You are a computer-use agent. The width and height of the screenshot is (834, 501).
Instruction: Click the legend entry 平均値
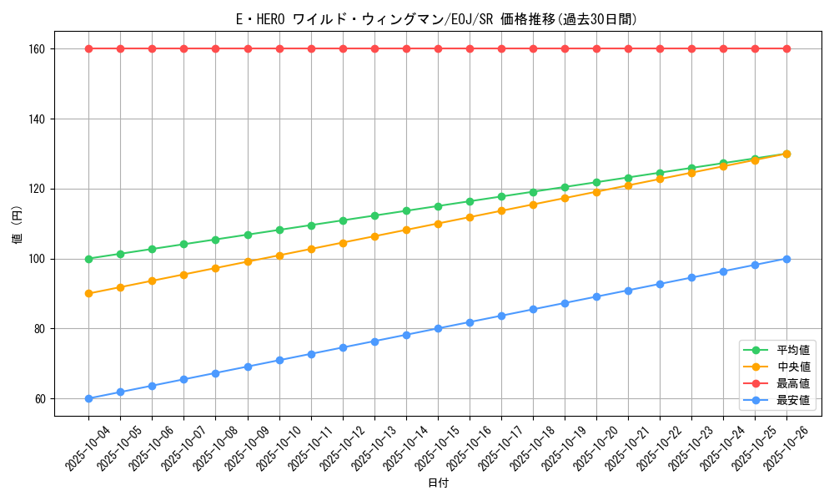793,350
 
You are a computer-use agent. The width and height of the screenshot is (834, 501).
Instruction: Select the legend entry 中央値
793,367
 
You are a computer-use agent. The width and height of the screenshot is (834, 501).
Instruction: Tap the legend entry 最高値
793,383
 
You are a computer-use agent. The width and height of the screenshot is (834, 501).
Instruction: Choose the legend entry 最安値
793,400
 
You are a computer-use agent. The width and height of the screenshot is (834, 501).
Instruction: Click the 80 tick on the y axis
38,329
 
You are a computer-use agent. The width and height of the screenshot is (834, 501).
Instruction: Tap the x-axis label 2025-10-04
88,448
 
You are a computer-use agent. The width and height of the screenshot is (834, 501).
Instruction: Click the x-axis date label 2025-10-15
437,448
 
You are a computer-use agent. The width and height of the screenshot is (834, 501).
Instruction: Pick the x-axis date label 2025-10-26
786,448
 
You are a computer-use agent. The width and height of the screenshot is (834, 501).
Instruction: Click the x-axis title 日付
438,483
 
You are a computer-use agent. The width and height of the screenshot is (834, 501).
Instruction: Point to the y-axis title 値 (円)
18,224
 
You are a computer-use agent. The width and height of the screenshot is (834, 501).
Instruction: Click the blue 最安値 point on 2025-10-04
88,398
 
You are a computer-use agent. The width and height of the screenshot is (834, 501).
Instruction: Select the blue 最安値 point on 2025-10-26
786,259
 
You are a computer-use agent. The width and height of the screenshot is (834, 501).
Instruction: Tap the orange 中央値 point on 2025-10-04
88,293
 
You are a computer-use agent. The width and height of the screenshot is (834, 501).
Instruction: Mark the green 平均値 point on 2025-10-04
88,259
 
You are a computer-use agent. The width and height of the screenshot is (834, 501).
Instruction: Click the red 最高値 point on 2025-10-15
438,48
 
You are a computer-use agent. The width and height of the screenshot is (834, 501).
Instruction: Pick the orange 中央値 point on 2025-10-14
406,230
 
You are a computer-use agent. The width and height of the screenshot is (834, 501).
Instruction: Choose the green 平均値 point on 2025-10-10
279,230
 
